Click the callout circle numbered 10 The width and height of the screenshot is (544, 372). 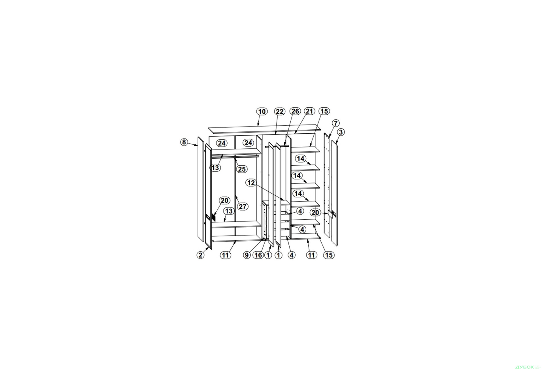click(x=262, y=112)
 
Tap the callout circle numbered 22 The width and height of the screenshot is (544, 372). click(x=280, y=112)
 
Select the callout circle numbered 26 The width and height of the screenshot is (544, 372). click(x=295, y=111)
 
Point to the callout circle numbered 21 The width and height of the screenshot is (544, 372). click(x=309, y=111)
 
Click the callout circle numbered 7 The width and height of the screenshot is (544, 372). click(x=335, y=123)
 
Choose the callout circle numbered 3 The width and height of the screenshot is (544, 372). click(x=341, y=132)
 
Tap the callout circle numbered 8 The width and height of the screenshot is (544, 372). click(x=184, y=142)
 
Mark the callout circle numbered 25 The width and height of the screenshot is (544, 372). click(x=242, y=169)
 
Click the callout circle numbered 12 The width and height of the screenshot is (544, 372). click(x=251, y=183)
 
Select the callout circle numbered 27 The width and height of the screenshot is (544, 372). click(x=243, y=207)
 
